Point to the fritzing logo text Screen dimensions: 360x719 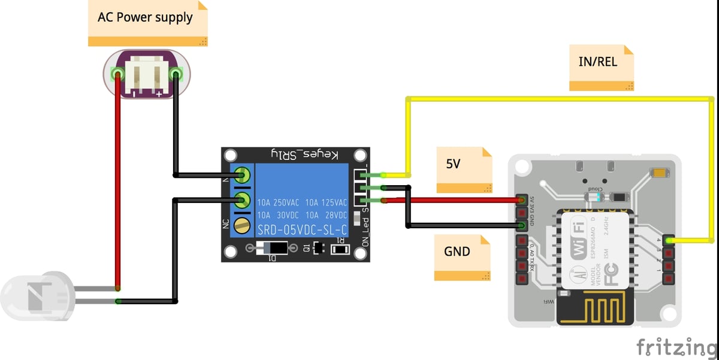pos(677,347)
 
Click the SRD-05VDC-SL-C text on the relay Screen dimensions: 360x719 pos(302,230)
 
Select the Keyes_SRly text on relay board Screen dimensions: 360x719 pos(303,155)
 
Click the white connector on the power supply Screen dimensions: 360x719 pos(147,75)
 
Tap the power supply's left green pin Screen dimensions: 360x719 pos(117,75)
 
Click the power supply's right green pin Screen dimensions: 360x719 pos(176,74)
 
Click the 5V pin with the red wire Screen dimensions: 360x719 pos(521,199)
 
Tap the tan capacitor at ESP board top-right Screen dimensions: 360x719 pos(659,173)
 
